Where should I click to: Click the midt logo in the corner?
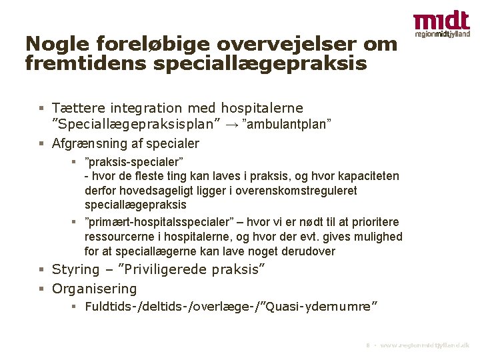[441, 24]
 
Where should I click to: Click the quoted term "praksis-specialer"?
[134, 162]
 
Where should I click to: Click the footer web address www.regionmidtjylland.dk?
[424, 347]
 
